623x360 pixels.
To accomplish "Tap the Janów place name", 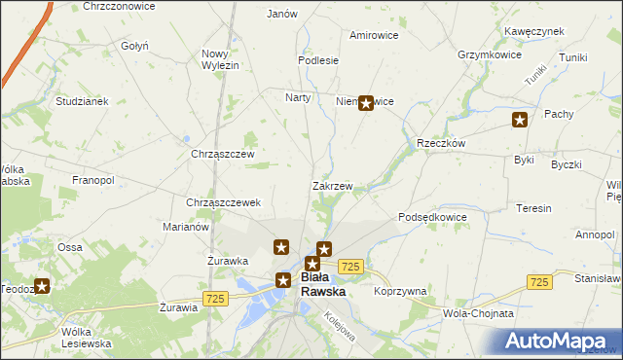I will (281, 14).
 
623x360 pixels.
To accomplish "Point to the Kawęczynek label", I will (534, 31).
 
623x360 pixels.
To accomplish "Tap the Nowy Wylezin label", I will (220, 58).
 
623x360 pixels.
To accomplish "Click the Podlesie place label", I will (318, 59).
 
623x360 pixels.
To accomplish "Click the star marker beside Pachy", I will (520, 120).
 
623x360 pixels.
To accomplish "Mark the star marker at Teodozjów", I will (42, 286).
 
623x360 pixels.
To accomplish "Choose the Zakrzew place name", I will (332, 185).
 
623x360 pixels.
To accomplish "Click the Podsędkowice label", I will (433, 217).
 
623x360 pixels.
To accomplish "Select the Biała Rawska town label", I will (323, 284).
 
